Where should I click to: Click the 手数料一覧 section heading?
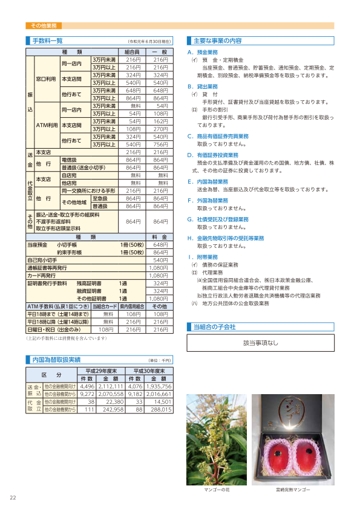47,41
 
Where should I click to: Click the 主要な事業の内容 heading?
217,41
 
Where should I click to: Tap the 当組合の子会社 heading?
214,326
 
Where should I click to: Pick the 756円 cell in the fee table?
160,144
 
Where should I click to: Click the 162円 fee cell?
161,122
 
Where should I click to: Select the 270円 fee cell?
160,129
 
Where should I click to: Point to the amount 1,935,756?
159,386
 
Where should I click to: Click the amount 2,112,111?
111,386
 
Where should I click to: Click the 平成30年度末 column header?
149,370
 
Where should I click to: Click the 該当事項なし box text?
261,343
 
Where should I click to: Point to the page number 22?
13,498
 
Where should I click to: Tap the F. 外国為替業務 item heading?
208,199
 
